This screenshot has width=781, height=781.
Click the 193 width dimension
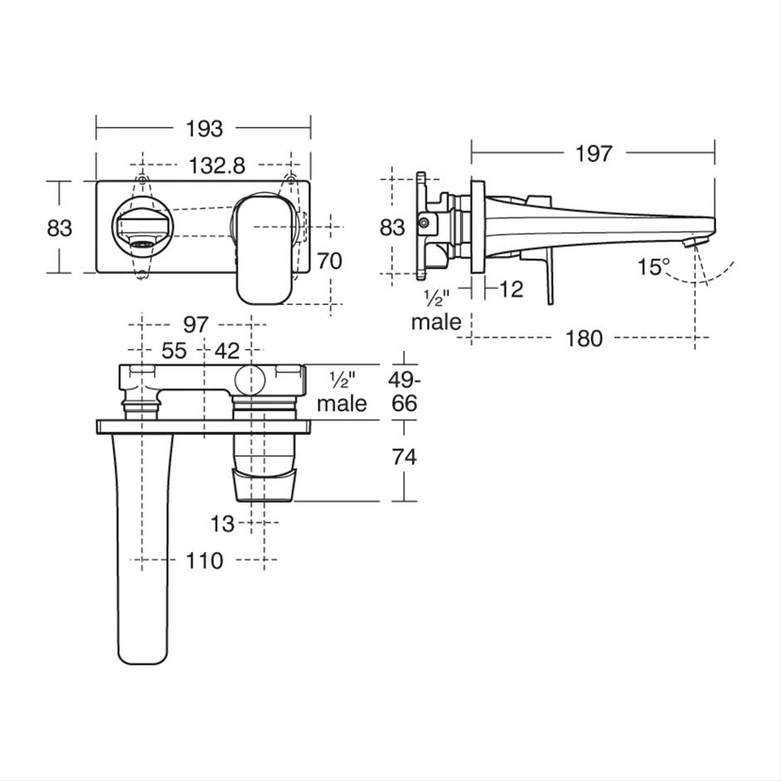click(204, 129)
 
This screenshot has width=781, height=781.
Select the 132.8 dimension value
click(217, 165)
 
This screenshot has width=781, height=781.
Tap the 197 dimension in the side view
click(593, 154)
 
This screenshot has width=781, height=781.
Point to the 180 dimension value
click(584, 339)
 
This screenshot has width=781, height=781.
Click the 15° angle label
click(654, 267)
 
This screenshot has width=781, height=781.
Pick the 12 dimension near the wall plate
click(511, 289)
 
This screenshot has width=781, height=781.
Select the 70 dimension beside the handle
click(329, 261)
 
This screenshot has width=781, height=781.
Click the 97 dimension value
click(195, 325)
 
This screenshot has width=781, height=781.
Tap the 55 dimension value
click(174, 351)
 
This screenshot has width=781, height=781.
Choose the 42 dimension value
click(227, 351)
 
